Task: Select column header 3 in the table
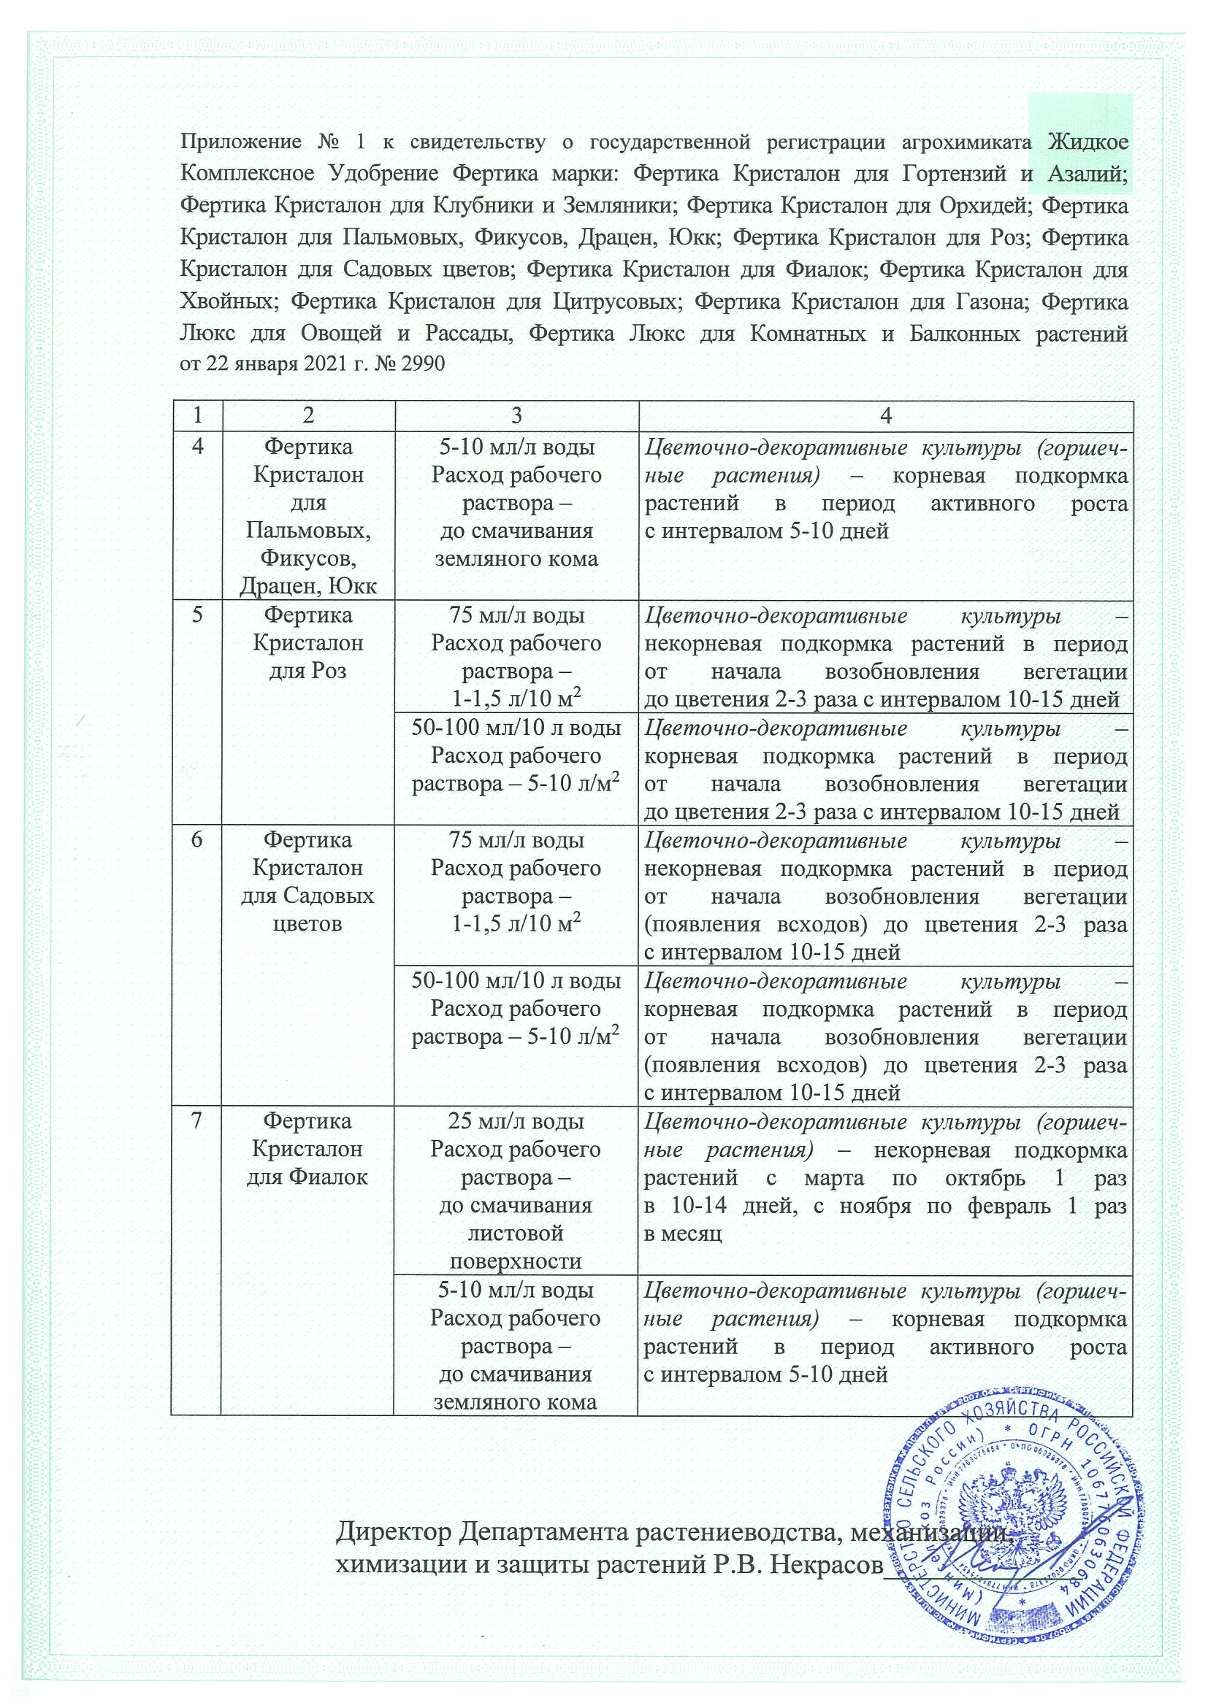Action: tap(515, 415)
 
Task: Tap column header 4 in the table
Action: tap(885, 415)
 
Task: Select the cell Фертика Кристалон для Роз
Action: tap(307, 643)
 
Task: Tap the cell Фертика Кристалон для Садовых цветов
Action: tap(307, 882)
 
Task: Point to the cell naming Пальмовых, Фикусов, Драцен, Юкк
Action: tap(307, 517)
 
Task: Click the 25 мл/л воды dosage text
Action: tap(515, 1121)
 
